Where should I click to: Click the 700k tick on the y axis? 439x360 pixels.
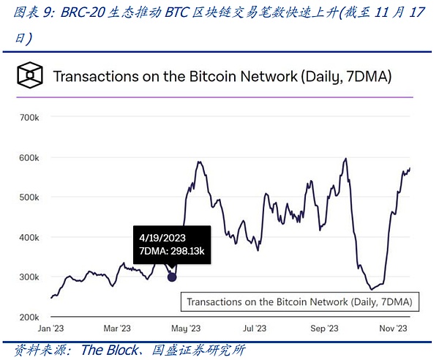[29, 118]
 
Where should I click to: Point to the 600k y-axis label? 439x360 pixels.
[29, 158]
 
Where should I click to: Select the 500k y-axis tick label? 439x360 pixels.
[29, 198]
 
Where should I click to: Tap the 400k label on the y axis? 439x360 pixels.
[29, 238]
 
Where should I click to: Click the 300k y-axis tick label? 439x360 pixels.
[29, 278]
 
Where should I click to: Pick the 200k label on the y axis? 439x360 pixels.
[29, 318]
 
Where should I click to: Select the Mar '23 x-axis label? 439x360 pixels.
[117, 329]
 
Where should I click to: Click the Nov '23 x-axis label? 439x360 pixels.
[392, 329]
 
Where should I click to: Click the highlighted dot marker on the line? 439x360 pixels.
[172, 277]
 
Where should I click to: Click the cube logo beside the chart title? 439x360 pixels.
[30, 75]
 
